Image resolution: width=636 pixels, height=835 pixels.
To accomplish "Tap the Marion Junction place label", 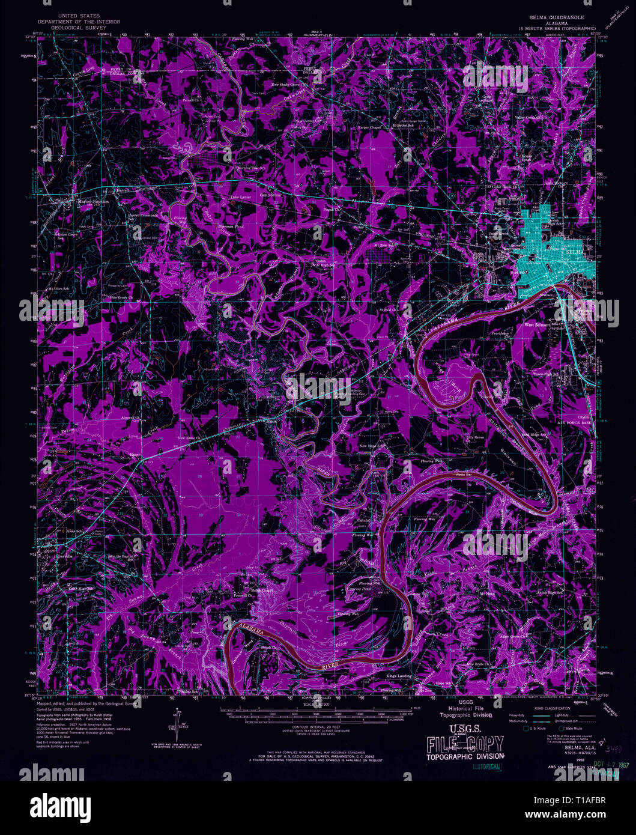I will (x=93, y=202).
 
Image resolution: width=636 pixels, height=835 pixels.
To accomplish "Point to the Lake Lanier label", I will (x=241, y=197).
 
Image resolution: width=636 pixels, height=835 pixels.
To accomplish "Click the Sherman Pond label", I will (x=229, y=228).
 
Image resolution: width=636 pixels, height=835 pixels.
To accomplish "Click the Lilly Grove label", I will (x=475, y=438).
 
